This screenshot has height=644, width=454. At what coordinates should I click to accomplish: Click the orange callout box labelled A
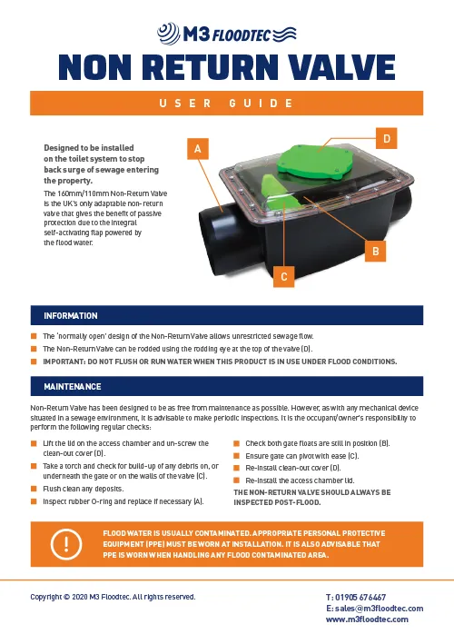(198, 149)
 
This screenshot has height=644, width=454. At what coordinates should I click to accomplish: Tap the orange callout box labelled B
(376, 251)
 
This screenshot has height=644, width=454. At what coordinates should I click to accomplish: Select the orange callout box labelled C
(284, 276)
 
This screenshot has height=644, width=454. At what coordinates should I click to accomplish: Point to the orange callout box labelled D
(386, 138)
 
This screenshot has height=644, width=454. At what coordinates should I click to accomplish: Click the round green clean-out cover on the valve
(315, 163)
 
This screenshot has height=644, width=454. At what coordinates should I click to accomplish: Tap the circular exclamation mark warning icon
(66, 544)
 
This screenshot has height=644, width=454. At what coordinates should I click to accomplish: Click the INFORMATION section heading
(71, 316)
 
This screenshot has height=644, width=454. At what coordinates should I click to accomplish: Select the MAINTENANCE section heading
(73, 386)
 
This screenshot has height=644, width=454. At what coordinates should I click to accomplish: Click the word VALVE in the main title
(338, 67)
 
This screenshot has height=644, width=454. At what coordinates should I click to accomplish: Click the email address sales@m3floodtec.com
(379, 609)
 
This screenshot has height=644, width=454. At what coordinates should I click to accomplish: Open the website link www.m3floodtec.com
(367, 619)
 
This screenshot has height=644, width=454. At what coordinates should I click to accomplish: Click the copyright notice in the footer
(113, 597)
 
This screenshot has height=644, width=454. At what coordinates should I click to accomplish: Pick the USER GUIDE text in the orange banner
(226, 103)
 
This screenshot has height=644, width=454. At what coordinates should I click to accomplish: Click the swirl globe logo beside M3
(168, 34)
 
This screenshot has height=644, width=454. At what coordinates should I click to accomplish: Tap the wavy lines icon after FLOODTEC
(285, 34)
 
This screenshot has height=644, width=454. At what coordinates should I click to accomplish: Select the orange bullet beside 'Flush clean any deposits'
(34, 489)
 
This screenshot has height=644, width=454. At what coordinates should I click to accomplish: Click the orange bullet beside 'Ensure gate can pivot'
(236, 456)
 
